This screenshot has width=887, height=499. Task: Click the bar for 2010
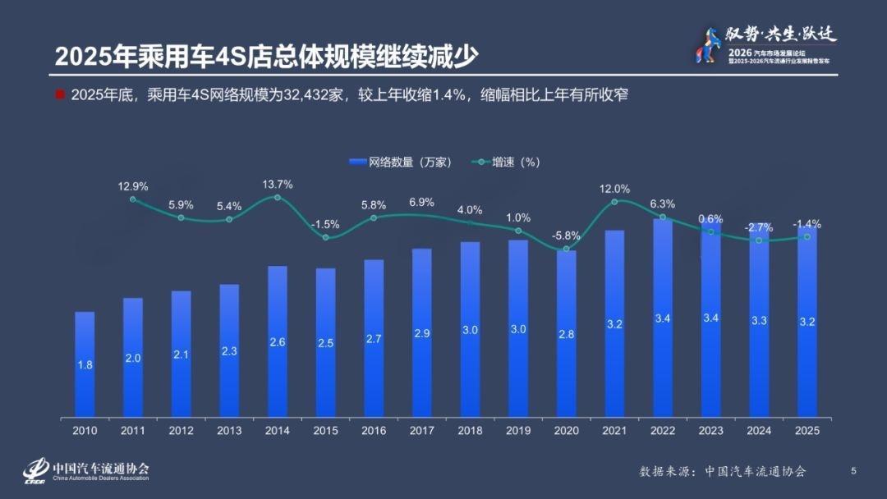click(x=85, y=364)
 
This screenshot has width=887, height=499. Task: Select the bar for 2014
click(x=277, y=341)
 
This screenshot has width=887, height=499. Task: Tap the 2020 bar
click(x=566, y=332)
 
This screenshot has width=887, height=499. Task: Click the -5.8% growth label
click(x=566, y=235)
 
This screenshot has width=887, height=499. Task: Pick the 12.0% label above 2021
click(x=614, y=188)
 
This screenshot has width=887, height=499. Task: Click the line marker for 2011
click(x=133, y=199)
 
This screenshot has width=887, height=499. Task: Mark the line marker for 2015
click(x=325, y=237)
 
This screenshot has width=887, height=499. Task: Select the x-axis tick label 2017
click(x=421, y=430)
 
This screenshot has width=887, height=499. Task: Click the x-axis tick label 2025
click(x=807, y=430)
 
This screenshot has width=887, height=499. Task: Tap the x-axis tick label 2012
click(x=181, y=430)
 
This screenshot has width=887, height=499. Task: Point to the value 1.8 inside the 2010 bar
click(x=85, y=364)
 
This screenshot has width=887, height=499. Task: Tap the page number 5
click(x=853, y=470)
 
